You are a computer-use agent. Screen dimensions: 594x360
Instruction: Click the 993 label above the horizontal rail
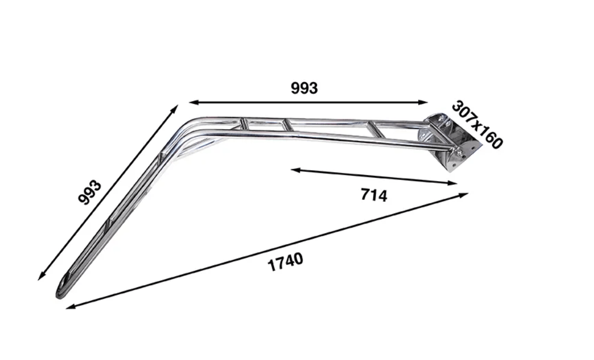[x=304, y=88]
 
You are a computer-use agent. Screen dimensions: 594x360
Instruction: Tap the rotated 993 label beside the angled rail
[x=90, y=192]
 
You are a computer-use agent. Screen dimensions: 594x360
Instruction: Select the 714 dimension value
[x=374, y=195]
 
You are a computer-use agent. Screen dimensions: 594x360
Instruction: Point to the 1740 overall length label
[x=286, y=262]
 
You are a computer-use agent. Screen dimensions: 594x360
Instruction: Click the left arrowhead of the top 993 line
[x=194, y=102]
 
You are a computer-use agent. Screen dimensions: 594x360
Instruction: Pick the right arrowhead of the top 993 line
[x=423, y=102]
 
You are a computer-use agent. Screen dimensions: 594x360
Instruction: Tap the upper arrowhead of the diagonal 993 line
[x=174, y=109]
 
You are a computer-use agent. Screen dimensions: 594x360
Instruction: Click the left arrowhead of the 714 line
[x=296, y=170]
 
